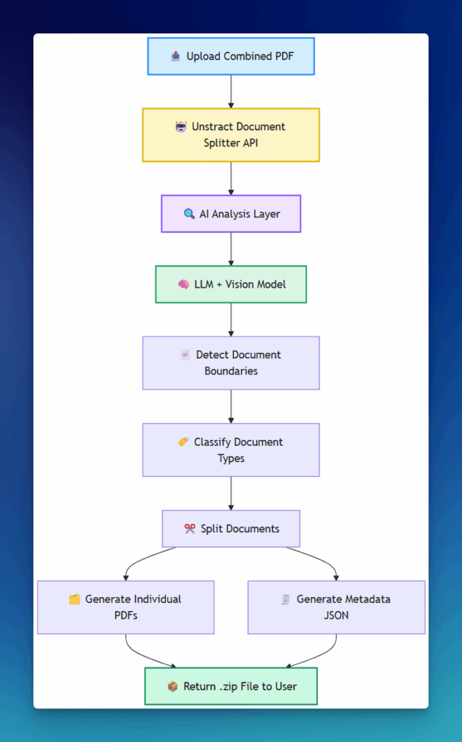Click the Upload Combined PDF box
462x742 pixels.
231,56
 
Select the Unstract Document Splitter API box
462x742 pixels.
231,135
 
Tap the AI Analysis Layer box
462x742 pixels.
231,214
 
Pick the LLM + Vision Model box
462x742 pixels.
231,284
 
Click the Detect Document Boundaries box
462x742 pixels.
231,363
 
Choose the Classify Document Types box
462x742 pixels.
231,450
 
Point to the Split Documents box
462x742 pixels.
231,529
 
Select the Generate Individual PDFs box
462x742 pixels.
126,607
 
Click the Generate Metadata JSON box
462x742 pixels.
336,607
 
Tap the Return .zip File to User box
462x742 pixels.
231,686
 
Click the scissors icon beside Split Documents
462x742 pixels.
190,529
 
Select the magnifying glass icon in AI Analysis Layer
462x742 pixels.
189,214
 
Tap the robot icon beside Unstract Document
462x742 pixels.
181,127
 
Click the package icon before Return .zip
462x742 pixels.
172,686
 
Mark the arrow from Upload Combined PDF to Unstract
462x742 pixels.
231,91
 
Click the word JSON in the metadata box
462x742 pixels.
336,615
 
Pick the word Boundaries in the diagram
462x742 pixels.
231,371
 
